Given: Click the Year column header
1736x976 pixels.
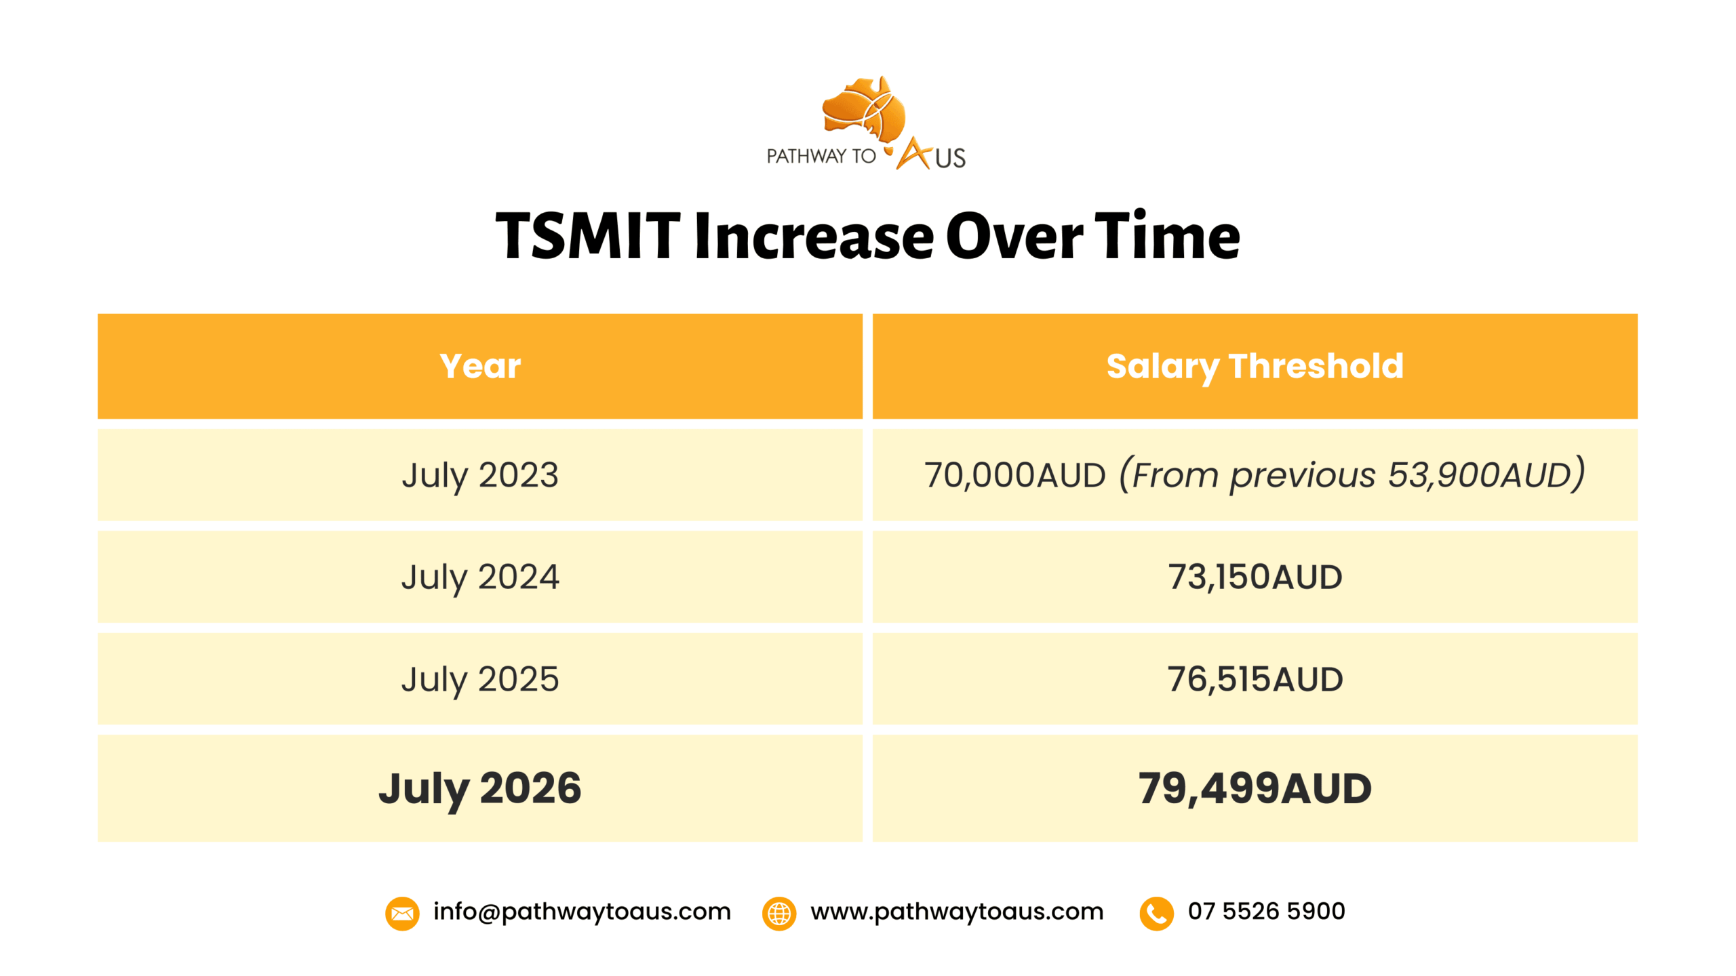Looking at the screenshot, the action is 480,366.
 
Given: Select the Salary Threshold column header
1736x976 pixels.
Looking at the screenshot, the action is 1255,367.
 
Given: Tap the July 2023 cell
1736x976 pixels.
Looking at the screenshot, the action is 480,475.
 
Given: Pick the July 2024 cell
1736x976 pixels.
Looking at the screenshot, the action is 480,577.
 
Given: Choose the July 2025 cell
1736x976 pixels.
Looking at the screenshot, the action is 480,679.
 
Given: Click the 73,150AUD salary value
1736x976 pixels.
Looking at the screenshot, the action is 1255,577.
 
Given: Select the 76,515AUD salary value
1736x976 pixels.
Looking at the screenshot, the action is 1255,679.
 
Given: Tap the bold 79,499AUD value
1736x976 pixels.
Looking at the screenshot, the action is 1255,789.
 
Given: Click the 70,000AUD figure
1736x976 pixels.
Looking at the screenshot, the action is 1015,475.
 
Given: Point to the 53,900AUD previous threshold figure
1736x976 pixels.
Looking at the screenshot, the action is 1480,475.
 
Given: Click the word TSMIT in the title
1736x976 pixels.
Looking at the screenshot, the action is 588,236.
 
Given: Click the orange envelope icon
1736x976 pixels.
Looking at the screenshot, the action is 402,914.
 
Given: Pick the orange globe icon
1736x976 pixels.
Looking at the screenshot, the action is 779,914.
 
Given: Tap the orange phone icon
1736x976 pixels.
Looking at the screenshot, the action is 1156,914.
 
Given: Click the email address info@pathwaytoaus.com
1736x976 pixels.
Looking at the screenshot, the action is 582,912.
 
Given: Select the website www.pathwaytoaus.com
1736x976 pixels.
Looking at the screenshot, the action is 957,912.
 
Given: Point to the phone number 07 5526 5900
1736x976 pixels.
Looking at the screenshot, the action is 1266,911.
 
